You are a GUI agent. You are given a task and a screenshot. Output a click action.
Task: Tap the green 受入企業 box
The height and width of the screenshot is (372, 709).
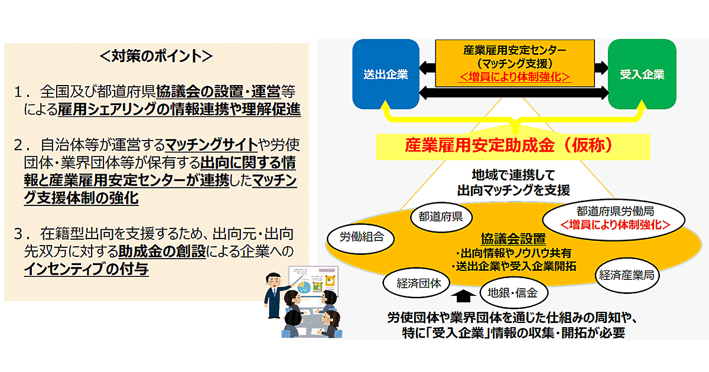coord(642,74)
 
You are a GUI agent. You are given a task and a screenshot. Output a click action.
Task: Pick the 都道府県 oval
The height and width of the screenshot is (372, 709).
coord(440,217)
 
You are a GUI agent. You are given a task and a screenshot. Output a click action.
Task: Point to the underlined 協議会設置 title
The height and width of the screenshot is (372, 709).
coord(512,239)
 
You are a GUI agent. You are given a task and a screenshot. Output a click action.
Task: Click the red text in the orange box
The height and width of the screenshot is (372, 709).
coord(514,76)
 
